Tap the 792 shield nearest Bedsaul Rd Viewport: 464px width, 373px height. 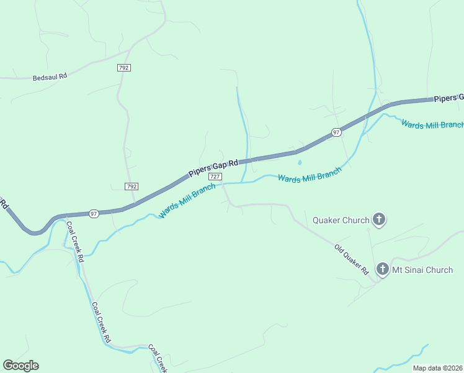(124, 67)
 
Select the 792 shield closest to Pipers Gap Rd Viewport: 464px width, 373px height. (131, 186)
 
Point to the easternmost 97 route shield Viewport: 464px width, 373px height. (336, 132)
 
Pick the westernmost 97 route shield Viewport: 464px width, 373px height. (94, 213)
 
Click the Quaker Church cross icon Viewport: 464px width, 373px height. (380, 219)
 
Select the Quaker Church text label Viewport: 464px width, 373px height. (341, 220)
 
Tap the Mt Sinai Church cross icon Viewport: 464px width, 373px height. (382, 269)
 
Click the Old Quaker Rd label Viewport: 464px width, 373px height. (351, 260)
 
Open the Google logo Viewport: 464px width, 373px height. (20, 366)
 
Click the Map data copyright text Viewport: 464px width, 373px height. (438, 368)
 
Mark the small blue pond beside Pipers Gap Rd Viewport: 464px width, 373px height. (300, 163)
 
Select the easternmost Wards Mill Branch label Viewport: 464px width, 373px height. (432, 124)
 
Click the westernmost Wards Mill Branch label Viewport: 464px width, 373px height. (187, 200)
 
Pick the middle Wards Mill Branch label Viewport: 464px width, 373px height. (310, 175)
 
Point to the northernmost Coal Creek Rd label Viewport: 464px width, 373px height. (75, 242)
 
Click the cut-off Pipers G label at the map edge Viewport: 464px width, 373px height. (448, 98)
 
